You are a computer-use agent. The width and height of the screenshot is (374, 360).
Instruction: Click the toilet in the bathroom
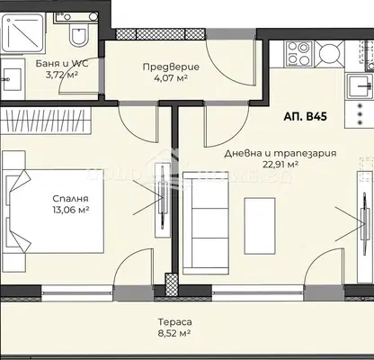(79, 35)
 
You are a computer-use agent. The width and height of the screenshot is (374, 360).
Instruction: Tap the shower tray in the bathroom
(22, 33)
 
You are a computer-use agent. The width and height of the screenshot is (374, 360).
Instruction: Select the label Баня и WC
(62, 64)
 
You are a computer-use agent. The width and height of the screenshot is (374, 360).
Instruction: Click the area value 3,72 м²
(62, 75)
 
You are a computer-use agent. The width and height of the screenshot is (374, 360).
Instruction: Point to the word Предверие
(171, 67)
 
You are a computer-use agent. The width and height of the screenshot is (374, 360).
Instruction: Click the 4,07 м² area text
(171, 78)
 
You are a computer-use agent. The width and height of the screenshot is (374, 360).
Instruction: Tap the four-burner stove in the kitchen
(299, 54)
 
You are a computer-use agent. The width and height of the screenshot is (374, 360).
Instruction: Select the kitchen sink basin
(361, 86)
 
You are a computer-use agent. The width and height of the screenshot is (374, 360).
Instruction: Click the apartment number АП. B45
(305, 116)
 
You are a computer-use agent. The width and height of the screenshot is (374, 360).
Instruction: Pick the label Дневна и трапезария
(280, 153)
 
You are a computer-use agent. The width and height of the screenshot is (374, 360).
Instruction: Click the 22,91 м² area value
(280, 165)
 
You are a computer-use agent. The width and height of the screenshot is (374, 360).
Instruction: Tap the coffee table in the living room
(260, 226)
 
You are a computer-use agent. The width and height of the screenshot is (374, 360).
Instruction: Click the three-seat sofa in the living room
(206, 223)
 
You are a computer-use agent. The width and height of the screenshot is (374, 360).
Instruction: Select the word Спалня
(70, 199)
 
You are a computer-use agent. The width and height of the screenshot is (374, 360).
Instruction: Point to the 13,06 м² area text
(70, 210)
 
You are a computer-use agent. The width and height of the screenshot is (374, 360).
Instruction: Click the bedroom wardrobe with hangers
(46, 121)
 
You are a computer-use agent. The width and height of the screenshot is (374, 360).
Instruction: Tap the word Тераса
(175, 322)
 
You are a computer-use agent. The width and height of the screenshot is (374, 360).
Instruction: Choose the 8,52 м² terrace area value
(175, 333)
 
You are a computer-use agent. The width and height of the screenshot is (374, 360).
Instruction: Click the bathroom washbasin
(13, 79)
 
